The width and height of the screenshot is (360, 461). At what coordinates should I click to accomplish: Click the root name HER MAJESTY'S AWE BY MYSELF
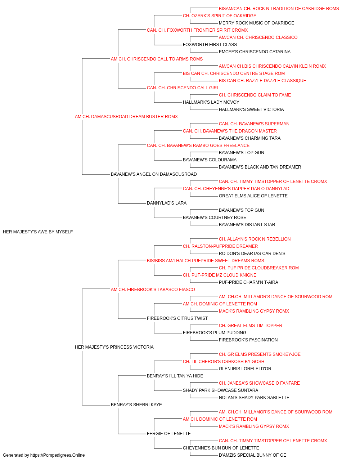point(38,232)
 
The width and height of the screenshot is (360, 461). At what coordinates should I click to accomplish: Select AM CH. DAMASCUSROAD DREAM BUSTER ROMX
point(126,117)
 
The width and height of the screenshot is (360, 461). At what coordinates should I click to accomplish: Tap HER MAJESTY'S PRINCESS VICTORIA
point(114,347)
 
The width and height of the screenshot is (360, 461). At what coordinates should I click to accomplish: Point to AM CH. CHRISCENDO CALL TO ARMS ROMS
point(157,59)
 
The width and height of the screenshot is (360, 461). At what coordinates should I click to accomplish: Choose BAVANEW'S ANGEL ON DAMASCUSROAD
point(154,174)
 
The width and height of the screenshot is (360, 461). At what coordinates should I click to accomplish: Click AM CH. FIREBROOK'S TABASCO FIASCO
point(153,289)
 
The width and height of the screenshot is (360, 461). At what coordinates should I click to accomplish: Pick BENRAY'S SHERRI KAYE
point(136,404)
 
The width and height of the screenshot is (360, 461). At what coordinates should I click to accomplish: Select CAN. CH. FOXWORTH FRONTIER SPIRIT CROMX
point(197,30)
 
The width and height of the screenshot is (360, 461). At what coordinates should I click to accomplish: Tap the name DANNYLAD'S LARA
point(167,203)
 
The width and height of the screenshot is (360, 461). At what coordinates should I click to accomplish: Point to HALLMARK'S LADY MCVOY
point(211,102)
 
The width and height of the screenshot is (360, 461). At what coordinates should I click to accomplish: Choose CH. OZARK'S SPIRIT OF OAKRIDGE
point(220,16)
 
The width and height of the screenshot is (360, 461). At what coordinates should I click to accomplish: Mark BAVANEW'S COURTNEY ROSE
point(214,218)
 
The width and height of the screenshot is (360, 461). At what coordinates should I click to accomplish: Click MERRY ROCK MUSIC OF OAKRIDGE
point(256,23)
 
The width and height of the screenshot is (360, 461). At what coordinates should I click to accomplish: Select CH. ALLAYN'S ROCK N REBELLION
point(255,239)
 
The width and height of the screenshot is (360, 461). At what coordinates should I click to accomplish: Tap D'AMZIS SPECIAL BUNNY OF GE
point(252,455)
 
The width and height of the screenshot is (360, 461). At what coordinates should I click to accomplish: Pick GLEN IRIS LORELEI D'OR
point(245,369)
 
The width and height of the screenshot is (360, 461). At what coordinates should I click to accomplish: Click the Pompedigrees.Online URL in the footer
point(57,455)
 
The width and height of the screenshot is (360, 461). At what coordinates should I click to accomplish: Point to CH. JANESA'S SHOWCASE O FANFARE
point(259,383)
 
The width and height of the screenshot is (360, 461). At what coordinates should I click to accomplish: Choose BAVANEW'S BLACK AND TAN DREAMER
point(260,167)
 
